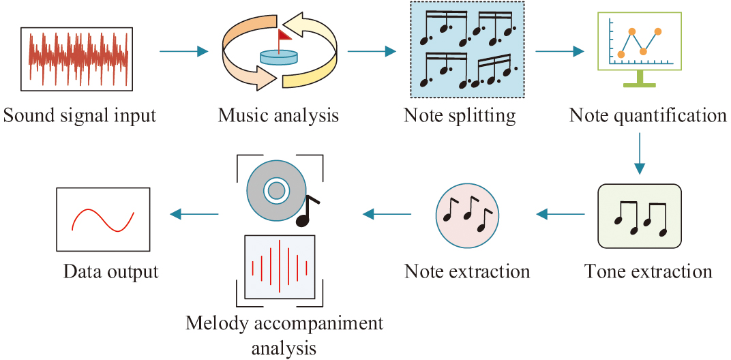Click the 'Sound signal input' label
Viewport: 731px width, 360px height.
[80, 115]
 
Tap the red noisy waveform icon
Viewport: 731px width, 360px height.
[78, 59]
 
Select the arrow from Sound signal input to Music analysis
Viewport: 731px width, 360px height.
[183, 50]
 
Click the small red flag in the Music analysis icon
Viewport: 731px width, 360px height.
[283, 35]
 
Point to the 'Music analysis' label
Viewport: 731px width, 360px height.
[278, 115]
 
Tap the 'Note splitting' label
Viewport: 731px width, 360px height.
[460, 115]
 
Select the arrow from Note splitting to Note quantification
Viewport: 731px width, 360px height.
[560, 50]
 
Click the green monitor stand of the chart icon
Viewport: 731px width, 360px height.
[639, 80]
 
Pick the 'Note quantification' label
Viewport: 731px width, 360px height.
[648, 115]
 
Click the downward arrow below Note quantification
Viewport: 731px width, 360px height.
[640, 153]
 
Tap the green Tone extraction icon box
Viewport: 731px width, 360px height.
[639, 216]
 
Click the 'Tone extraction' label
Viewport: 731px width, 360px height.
[648, 271]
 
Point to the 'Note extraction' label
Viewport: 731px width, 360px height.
[467, 271]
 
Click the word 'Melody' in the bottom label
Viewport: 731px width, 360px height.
[215, 322]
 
